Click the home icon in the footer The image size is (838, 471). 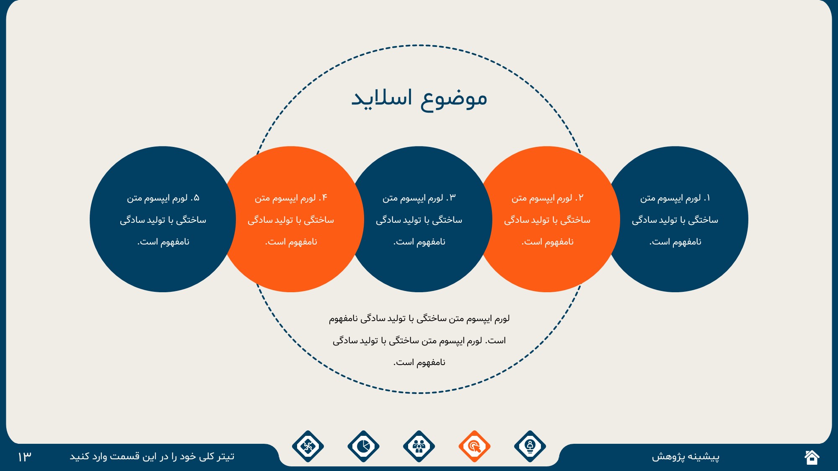tap(812, 457)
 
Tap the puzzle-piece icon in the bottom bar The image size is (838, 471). tap(308, 446)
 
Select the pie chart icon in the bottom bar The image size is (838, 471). tap(363, 446)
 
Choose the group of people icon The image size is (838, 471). tap(419, 446)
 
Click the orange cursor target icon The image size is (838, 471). tap(474, 446)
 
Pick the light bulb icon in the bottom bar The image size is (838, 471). tap(530, 446)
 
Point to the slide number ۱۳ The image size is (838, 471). tap(25, 456)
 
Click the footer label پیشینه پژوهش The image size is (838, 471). tap(685, 456)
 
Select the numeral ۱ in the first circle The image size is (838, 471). tap(707, 198)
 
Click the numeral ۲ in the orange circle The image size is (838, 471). tap(580, 198)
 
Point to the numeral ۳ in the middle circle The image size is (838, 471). tap(452, 198)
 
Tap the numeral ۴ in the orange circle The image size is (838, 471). tap(324, 198)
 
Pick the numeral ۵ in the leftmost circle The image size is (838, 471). tap(196, 198)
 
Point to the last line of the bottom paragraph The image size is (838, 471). tap(419, 363)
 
